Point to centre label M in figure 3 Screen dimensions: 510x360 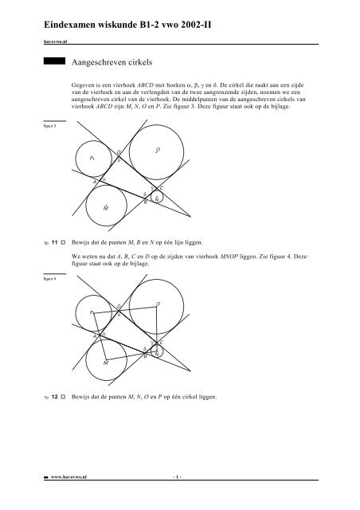105,207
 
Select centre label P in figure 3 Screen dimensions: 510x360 92,159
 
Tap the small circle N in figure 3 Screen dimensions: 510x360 157,197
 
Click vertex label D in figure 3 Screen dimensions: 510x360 119,152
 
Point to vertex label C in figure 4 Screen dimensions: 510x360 161,343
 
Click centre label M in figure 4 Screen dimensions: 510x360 105,362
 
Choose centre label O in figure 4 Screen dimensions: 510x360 158,304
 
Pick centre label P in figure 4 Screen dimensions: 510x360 92,313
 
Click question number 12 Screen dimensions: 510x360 55,395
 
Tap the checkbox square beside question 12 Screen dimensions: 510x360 65,395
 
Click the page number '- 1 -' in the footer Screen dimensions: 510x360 178,496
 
